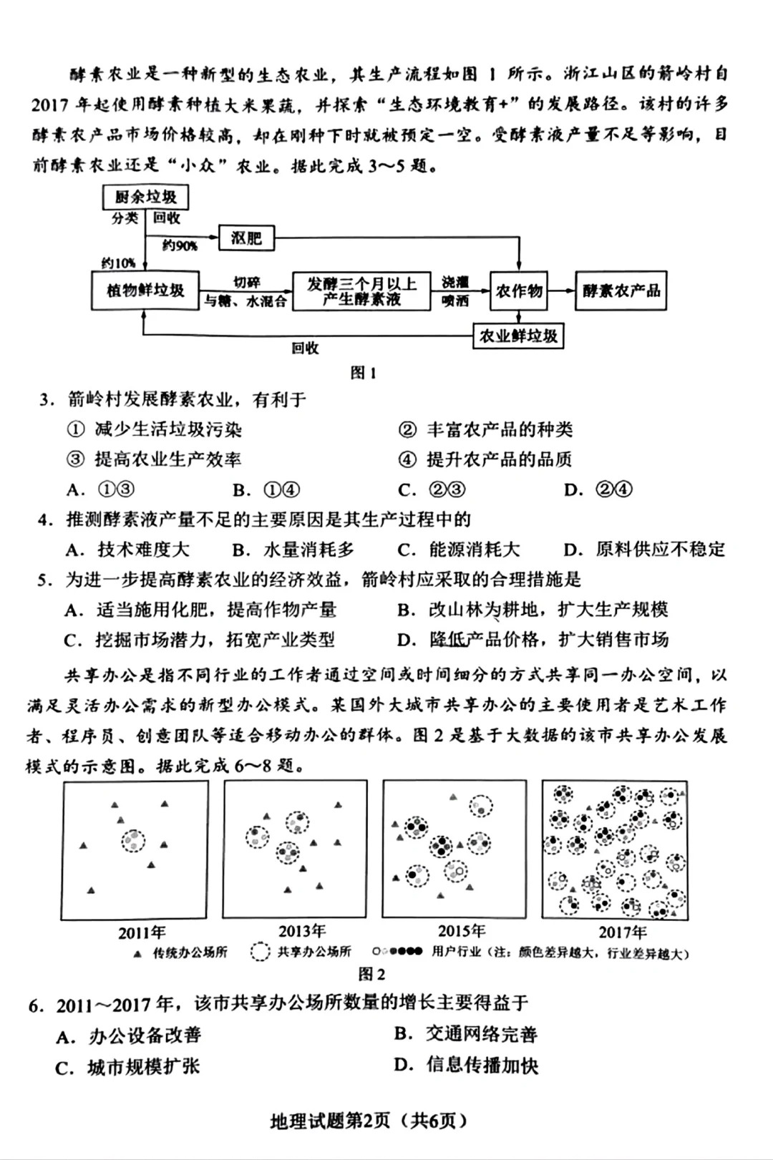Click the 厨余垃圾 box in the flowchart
click(146, 198)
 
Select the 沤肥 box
click(246, 238)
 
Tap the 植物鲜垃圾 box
click(146, 291)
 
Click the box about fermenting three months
click(361, 291)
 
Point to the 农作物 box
click(519, 291)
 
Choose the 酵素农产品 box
click(621, 291)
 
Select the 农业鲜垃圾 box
click(518, 336)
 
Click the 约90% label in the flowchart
click(180, 246)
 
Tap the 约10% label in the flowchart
click(117, 263)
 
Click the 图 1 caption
click(363, 373)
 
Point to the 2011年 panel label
click(142, 932)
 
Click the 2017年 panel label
click(622, 932)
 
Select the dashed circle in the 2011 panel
click(133, 840)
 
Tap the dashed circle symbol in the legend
click(260, 952)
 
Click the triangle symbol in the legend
click(137, 953)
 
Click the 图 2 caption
click(371, 974)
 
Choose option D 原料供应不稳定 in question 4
click(644, 550)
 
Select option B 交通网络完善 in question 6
click(466, 1034)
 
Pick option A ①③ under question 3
click(101, 490)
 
